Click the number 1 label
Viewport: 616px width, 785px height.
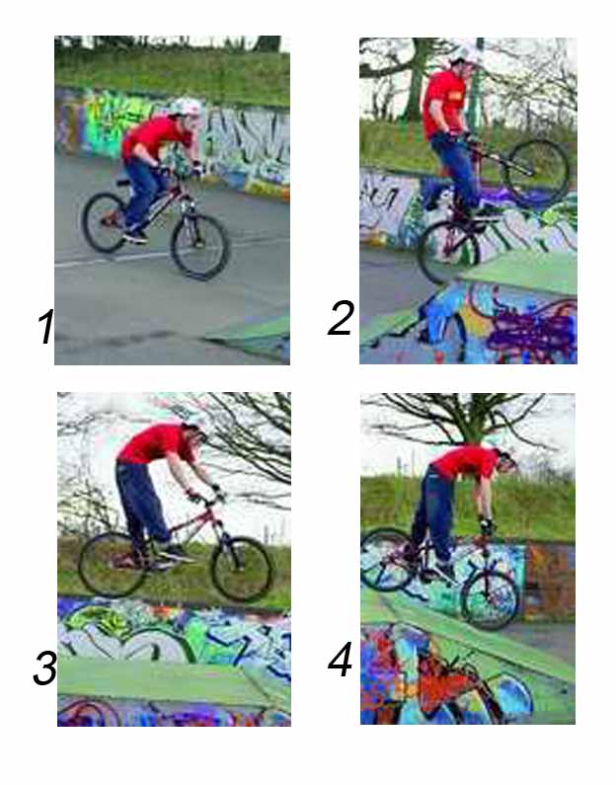(x=45, y=327)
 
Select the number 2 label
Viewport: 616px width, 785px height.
(x=341, y=318)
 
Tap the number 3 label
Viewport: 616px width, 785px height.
(x=44, y=668)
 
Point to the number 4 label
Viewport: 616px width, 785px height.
(x=341, y=660)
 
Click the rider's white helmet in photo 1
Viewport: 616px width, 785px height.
(x=188, y=107)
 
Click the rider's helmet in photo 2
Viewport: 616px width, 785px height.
(x=466, y=53)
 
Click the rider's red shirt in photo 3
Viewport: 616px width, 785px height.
(x=156, y=443)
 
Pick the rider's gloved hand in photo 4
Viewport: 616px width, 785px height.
(x=487, y=526)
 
